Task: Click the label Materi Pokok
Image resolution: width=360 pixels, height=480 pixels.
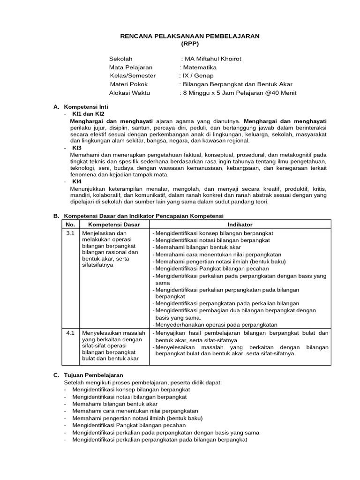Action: pos(128,84)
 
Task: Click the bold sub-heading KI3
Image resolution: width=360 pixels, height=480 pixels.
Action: pos(76,147)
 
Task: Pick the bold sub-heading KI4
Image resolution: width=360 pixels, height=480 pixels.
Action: pos(76,181)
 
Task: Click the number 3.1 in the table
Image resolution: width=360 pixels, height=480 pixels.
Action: pos(70,233)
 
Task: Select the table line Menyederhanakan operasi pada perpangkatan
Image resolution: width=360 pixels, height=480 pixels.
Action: pos(217,325)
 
